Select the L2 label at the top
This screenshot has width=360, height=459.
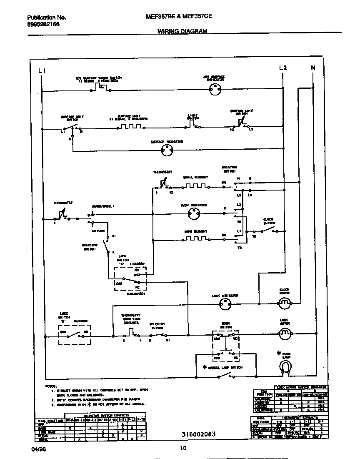coord(282,68)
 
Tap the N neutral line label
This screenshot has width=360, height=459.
coord(313,68)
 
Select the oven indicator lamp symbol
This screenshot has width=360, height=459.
coord(193,214)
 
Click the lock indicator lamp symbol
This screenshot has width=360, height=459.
coord(225,305)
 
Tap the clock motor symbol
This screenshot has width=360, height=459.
coord(285,303)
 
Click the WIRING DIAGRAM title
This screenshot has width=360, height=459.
coord(182,32)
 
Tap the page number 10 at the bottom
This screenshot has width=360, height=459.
coord(183,449)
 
